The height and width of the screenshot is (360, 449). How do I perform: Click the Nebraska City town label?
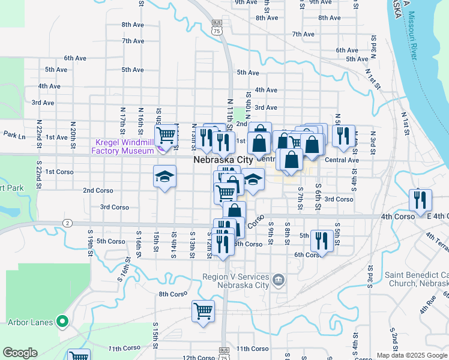click(223, 160)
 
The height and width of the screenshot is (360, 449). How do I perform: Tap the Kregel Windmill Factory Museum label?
click(125, 146)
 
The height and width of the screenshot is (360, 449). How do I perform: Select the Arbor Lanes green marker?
click(61, 322)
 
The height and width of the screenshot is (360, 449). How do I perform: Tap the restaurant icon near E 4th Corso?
click(420, 198)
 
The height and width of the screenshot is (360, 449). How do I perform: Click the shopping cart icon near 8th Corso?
click(203, 310)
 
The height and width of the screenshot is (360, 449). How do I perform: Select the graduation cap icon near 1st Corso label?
click(164, 176)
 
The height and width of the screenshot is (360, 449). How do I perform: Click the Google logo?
click(20, 353)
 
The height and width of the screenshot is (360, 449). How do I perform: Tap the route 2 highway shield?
click(67, 223)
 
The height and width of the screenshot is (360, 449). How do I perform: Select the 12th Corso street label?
click(198, 358)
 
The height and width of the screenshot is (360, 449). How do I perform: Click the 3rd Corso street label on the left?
click(115, 207)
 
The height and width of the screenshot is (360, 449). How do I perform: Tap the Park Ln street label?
click(14, 137)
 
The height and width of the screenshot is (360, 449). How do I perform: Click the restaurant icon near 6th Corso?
click(322, 241)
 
